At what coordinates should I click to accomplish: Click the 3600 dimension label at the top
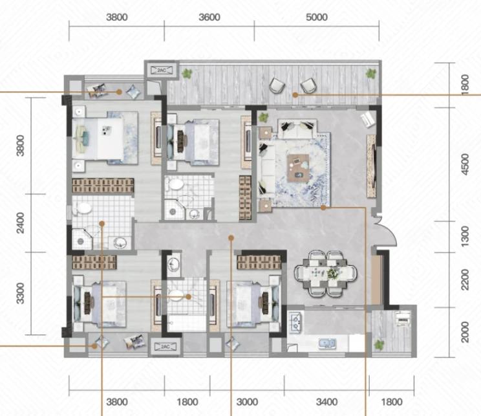point(209,17)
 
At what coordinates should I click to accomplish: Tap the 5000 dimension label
point(317,17)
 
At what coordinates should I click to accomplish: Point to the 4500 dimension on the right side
point(465,164)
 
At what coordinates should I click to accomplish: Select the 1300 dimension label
point(465,236)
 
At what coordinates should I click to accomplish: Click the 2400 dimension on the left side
point(20,223)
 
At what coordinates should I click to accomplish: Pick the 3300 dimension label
point(20,293)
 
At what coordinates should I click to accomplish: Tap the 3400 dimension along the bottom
point(326,402)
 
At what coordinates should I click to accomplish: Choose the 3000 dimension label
point(247,402)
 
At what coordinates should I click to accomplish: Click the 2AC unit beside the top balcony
point(162,71)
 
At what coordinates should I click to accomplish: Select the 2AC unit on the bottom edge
point(166,347)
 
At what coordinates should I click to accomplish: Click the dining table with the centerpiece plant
point(325,272)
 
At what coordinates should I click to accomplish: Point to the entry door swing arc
point(389,234)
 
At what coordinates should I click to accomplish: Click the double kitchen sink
point(327,343)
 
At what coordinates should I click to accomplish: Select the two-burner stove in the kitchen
point(295,322)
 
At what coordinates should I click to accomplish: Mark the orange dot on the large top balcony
point(295,95)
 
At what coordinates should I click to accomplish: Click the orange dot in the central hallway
point(231,237)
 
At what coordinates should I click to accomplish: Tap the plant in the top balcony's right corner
point(371,73)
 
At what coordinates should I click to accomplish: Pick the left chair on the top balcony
point(277,85)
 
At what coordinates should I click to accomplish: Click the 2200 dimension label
point(465,279)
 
